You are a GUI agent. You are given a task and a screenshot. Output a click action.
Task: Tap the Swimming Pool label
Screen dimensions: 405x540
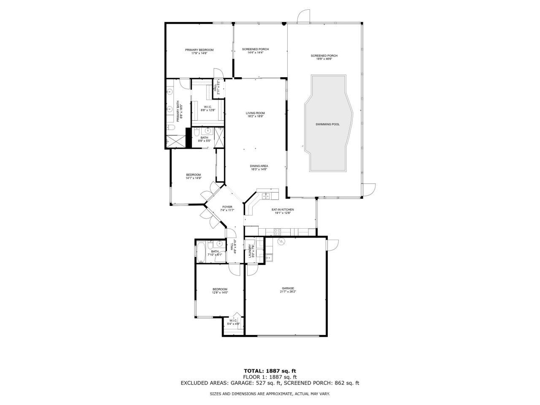[327, 124]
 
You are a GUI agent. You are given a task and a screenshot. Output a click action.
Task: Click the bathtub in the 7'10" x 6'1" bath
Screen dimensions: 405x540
[201, 252]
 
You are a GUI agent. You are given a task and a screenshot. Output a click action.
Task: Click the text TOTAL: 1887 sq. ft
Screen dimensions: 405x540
[270, 371]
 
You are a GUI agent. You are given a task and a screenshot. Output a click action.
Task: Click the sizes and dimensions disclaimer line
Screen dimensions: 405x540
[270, 394]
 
